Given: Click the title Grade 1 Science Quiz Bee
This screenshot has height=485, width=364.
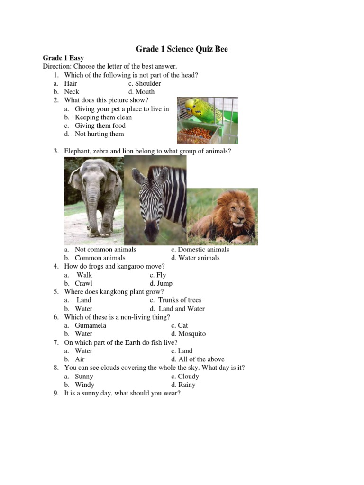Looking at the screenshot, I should point(182,49).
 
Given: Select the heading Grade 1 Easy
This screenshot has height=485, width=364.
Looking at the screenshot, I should point(64,58).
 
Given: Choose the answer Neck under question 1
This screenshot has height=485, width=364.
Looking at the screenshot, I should point(72,92).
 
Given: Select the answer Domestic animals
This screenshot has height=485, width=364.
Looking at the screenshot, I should point(200,250).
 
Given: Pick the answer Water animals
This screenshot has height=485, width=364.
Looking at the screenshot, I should point(196,258).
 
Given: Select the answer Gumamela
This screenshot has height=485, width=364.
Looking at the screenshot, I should point(91,326).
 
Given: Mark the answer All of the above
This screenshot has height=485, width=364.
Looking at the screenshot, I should point(198,359).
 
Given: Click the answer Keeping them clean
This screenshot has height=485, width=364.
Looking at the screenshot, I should point(103,117).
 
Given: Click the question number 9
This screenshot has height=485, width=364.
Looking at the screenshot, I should point(55,394).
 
